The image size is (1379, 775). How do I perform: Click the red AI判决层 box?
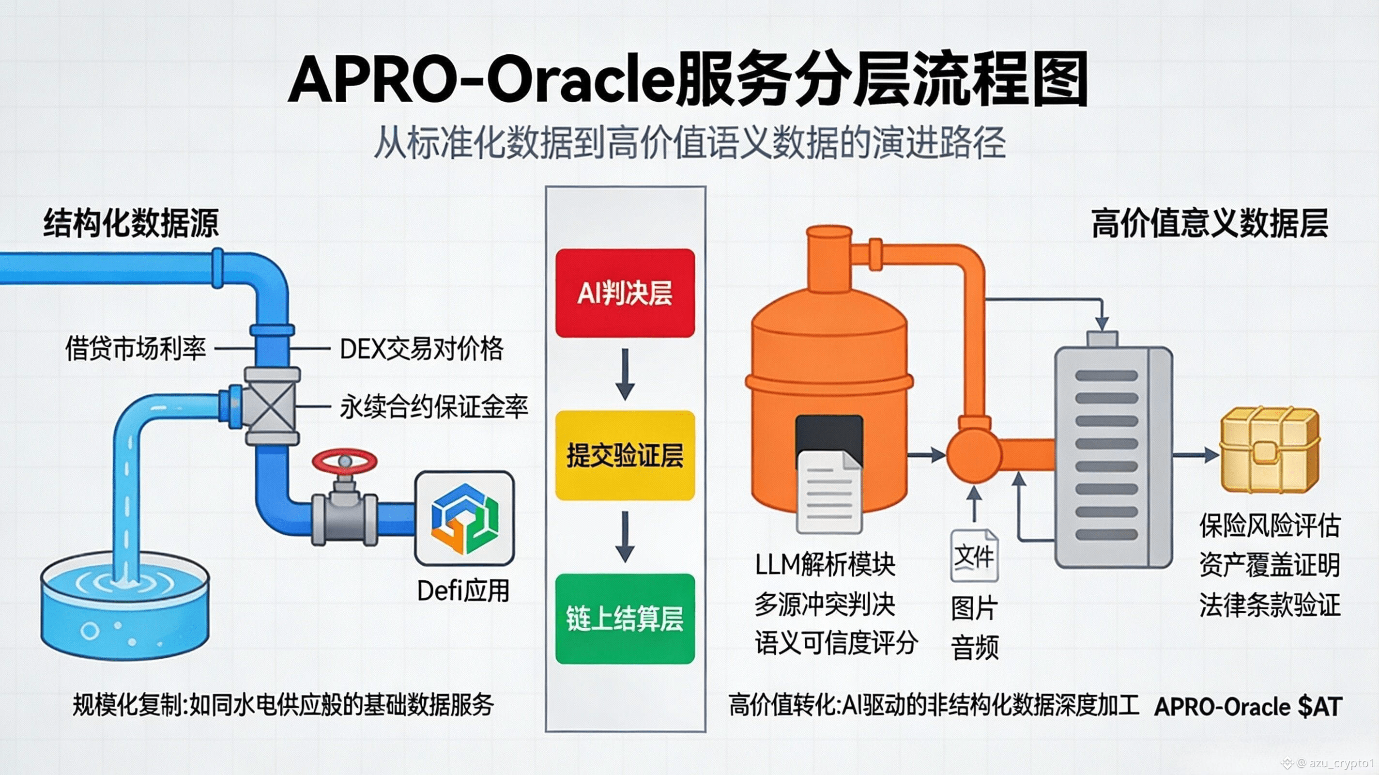click(x=625, y=293)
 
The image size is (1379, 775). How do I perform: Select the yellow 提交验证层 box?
click(x=625, y=456)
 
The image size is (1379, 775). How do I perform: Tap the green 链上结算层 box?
click(x=625, y=619)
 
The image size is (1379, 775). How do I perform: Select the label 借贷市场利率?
click(x=136, y=349)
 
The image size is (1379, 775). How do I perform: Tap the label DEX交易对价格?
click(x=422, y=349)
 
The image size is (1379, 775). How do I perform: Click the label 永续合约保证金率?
click(x=434, y=407)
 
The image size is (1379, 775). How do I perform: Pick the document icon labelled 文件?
click(x=974, y=555)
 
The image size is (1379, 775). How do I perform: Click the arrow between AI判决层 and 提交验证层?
click(x=625, y=374)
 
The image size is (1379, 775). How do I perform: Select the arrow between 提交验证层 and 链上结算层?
click(x=625, y=536)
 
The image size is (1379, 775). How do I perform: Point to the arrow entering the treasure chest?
click(x=1196, y=455)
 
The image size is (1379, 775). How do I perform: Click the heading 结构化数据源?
click(x=131, y=223)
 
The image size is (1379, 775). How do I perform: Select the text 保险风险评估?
click(x=1269, y=526)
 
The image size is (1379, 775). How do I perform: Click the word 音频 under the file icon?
click(x=974, y=647)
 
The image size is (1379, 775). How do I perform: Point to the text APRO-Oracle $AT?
click(x=1248, y=706)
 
